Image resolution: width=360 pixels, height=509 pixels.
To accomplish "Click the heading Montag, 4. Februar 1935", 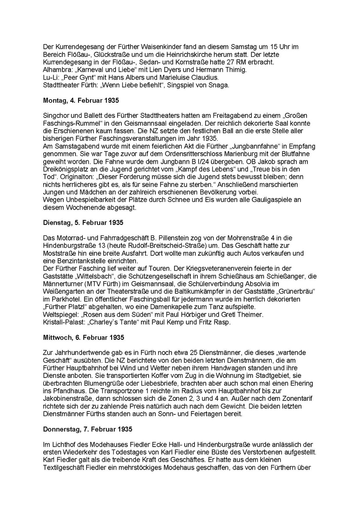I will pyautogui.click(x=81, y=101).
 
